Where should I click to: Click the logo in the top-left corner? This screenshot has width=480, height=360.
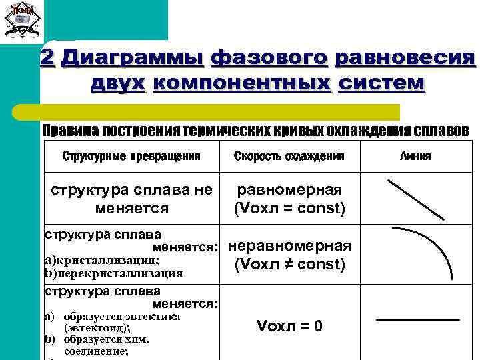coord(22,20)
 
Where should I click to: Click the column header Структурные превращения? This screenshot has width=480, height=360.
coord(131,157)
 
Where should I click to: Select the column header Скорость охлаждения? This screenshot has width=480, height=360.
coord(289,157)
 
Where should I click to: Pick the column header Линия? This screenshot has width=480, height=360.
coord(415,157)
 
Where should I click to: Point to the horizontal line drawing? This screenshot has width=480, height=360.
coord(418,321)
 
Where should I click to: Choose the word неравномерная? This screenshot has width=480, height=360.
coord(289,245)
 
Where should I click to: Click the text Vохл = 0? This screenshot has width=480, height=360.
coord(289,326)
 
